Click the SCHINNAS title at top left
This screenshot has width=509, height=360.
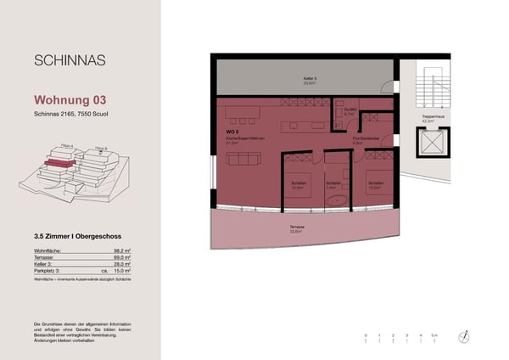click(x=70, y=60)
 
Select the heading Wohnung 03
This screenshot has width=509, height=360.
click(x=70, y=98)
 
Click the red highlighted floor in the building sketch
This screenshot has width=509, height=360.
click(x=59, y=161)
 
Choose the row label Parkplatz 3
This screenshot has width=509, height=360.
click(x=50, y=272)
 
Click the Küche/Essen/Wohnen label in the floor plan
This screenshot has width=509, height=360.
click(x=240, y=140)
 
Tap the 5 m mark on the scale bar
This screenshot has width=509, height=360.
click(x=433, y=336)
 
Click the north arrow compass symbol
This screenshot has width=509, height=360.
click(x=464, y=337)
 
